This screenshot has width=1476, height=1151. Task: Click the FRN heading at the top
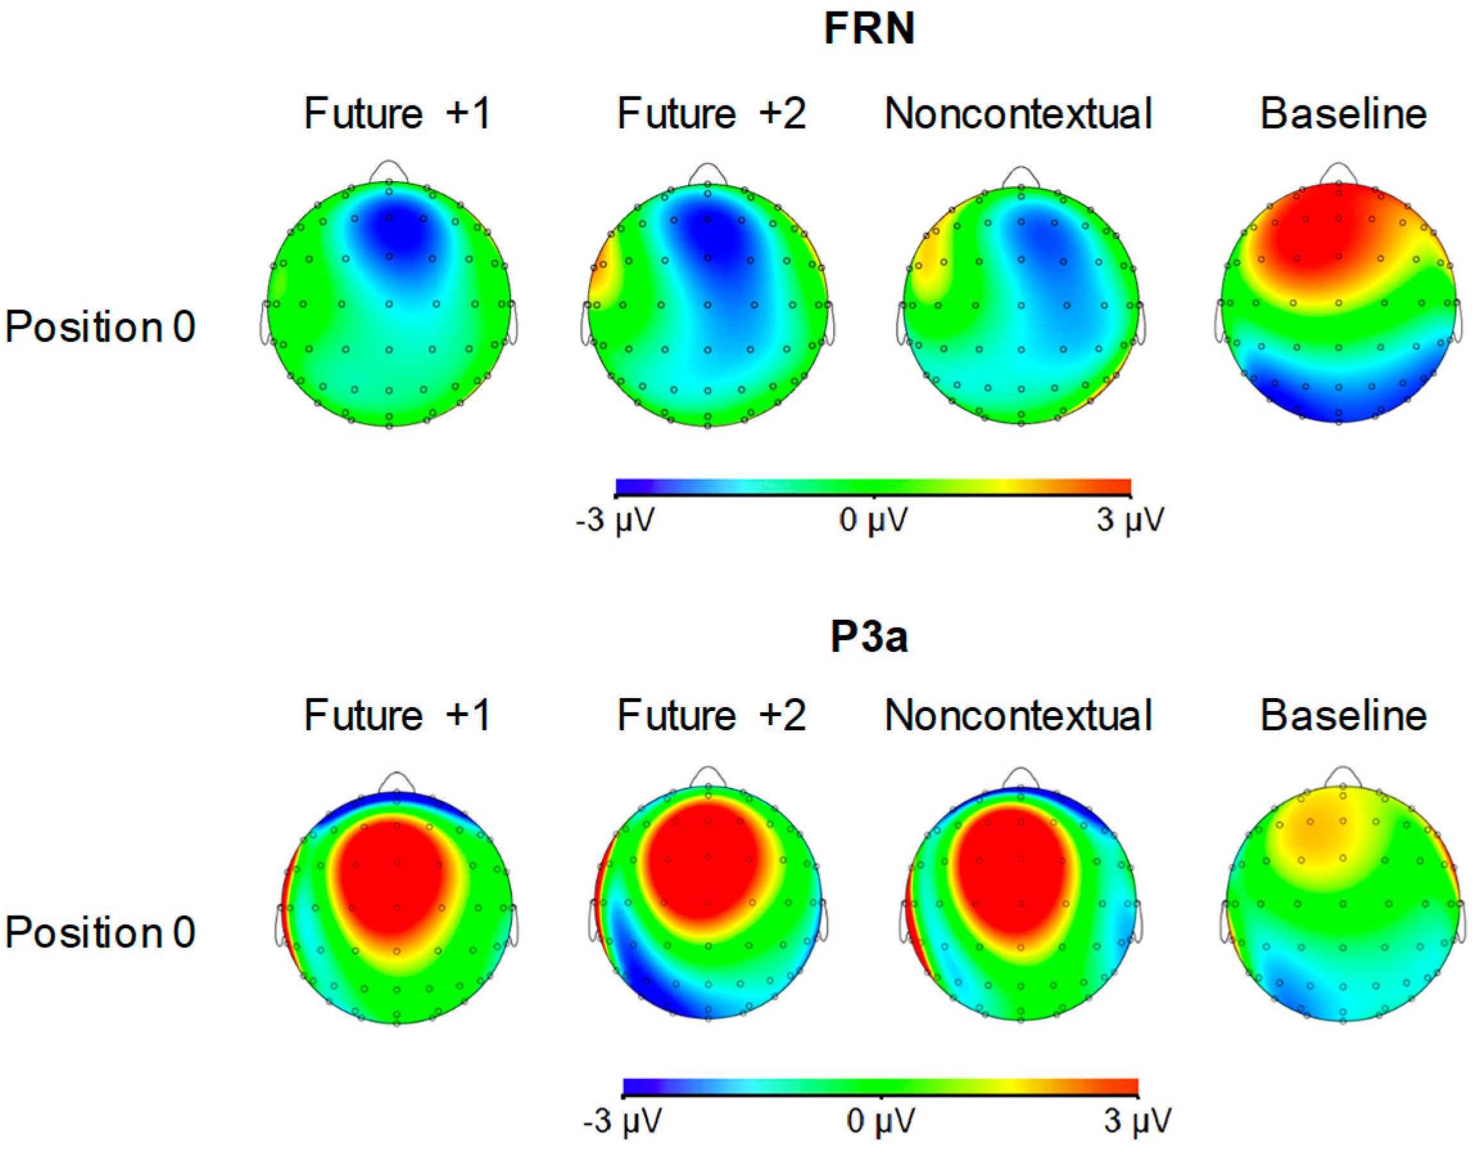coord(869,30)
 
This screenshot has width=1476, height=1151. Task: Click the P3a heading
coord(869,637)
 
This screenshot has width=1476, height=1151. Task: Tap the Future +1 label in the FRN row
coord(397,114)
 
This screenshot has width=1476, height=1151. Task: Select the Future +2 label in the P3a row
coord(711,716)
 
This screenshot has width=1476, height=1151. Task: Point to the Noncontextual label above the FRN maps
coord(1018,114)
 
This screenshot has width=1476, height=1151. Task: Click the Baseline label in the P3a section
coord(1344,716)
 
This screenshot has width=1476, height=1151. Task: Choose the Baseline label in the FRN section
coord(1344,114)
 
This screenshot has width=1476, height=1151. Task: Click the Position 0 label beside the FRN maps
coord(100,328)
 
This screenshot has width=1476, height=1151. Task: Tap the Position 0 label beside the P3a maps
coord(100,933)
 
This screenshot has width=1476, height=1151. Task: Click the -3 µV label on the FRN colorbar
coord(615,521)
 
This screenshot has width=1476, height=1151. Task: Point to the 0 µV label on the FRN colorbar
coord(873,521)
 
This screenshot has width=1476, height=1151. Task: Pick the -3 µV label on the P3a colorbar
coord(622,1121)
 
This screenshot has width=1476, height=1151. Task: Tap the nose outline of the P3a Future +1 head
coord(397,782)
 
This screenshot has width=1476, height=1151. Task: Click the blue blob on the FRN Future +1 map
coord(392,233)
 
